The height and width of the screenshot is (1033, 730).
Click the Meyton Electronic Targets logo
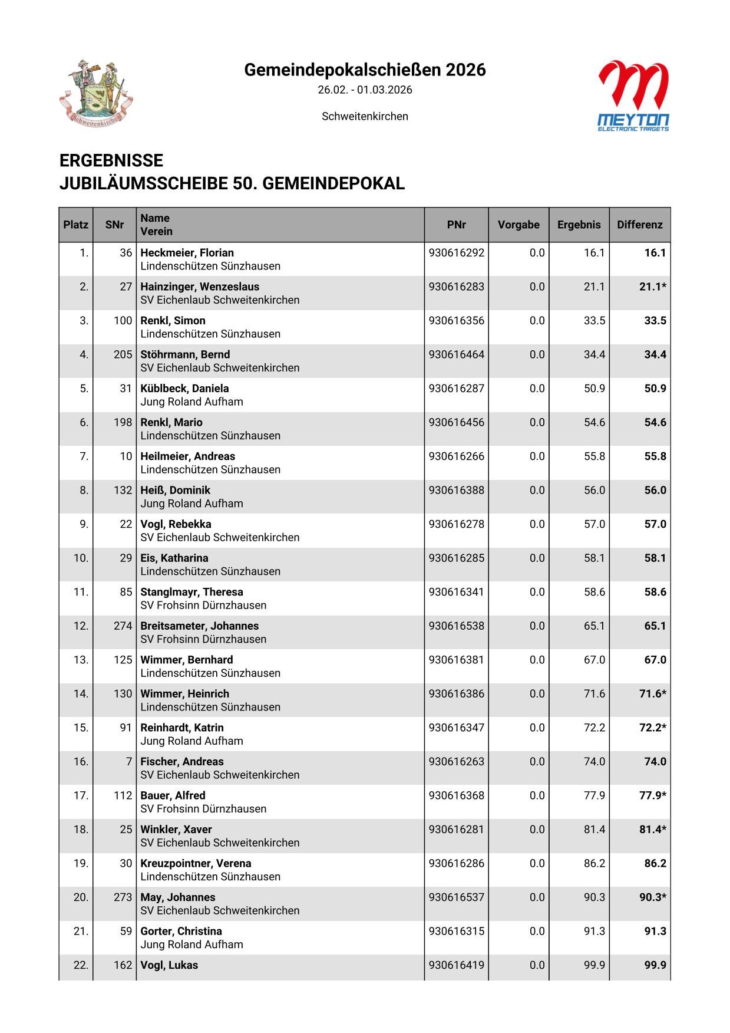[633, 96]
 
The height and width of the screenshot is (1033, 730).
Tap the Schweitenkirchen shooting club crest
[96, 93]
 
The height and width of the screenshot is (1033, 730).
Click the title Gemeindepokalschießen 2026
[365, 70]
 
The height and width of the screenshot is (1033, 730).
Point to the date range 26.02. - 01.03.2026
[365, 90]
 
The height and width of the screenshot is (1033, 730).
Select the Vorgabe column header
[518, 225]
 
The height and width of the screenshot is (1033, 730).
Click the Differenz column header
[639, 225]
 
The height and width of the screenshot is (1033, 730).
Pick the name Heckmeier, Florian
[187, 253]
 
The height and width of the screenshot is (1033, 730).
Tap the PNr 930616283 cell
[457, 287]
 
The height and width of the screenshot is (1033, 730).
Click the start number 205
[123, 355]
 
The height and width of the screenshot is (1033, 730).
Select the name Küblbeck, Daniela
[184, 389]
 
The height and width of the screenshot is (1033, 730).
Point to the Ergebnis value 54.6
[594, 423]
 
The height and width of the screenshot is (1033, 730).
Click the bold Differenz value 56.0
[655, 491]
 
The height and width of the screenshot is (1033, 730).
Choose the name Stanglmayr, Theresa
[191, 592]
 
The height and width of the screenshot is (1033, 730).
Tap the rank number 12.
[81, 626]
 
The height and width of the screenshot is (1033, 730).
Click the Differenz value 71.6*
[652, 694]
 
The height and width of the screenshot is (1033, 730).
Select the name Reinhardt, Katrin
[182, 728]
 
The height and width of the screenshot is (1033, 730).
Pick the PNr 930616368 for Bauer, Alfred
[457, 795]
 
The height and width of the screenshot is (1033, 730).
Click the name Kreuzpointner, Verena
[196, 863]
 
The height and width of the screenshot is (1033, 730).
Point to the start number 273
[123, 897]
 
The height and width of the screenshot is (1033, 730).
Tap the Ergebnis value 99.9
[594, 965]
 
